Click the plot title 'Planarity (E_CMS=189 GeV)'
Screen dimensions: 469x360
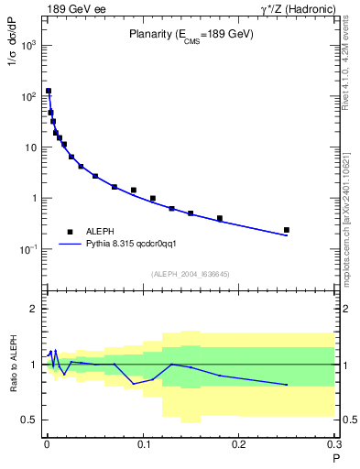point(191,36)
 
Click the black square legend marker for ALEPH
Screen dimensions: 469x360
point(69,233)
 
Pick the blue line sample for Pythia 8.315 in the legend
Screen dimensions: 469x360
point(70,245)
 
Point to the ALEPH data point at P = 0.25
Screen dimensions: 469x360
point(287,230)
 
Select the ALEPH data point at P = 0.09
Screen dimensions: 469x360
point(134,191)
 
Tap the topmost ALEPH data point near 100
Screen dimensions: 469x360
point(49,92)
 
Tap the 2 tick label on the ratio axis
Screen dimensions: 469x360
point(33,310)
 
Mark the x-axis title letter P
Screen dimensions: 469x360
point(336,457)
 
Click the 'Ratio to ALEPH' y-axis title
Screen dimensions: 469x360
point(11,364)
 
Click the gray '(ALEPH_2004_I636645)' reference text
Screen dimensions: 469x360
point(190,273)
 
